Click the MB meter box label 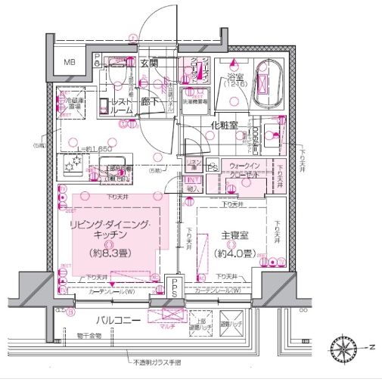pyautogui.click(x=70, y=63)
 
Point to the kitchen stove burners pyautogui.click(x=73, y=163)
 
